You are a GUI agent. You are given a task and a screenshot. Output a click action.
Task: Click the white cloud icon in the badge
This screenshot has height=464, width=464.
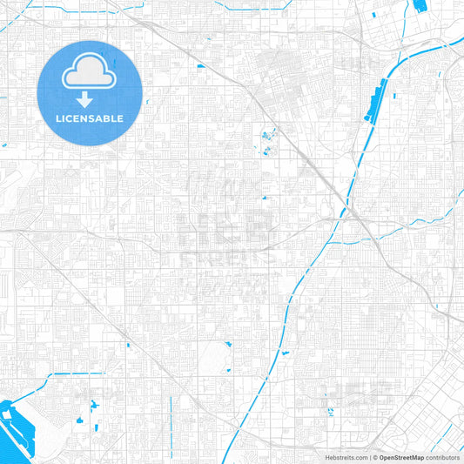[x=90, y=75]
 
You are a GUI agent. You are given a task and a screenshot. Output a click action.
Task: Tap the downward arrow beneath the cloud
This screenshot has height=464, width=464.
[x=90, y=100]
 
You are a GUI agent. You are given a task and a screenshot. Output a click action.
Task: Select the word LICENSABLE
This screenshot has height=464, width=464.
[x=90, y=118]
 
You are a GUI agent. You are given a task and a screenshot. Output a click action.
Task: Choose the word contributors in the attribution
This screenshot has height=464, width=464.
[x=443, y=457]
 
